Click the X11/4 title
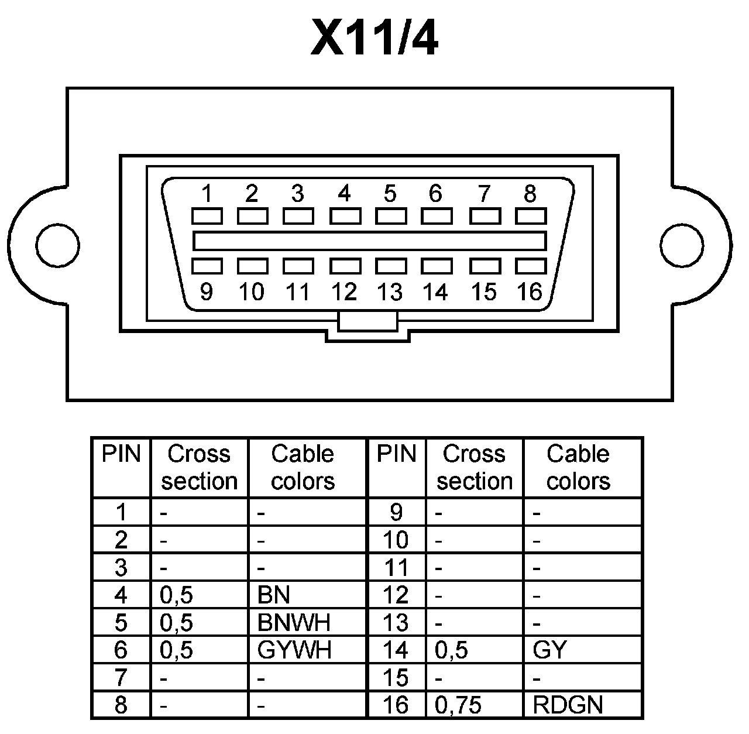374,38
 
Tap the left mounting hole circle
57,243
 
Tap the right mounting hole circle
682,243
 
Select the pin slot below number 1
207,216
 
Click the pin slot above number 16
530,266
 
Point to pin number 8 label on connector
530,193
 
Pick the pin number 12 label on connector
344,291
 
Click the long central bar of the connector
369,241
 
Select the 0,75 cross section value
458,705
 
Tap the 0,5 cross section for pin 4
176,595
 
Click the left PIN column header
121,454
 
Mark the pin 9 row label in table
396,512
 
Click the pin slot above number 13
391,266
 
